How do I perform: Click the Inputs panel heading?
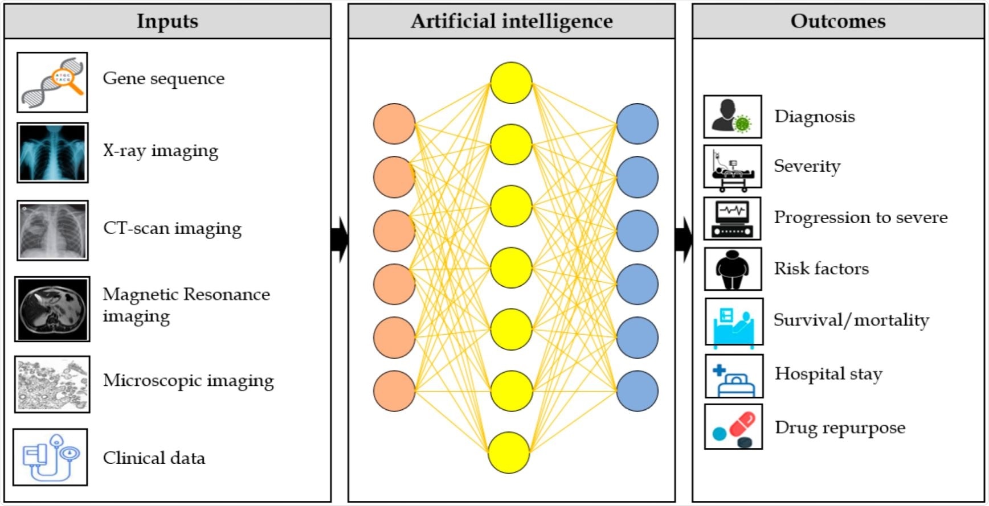point(167,21)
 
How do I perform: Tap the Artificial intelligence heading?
point(512,21)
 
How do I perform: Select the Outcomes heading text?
point(837,21)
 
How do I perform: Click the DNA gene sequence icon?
point(52,83)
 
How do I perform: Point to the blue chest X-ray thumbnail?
point(52,153)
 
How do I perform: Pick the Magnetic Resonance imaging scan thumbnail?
point(52,309)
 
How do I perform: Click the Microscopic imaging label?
point(188,380)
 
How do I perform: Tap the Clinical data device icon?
point(50,457)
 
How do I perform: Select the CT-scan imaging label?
point(172,228)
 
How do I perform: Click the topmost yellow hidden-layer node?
point(511,83)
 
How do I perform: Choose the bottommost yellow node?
point(509,452)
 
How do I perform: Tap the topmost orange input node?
point(394,124)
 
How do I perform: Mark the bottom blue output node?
point(637,391)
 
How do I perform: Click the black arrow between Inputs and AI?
point(340,239)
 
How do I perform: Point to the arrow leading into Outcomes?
point(684,239)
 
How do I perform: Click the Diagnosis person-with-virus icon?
point(733,117)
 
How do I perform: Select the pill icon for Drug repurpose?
point(733,427)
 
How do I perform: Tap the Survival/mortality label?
point(851,320)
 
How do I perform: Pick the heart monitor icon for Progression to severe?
point(733,219)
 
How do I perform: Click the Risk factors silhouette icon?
point(733,269)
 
